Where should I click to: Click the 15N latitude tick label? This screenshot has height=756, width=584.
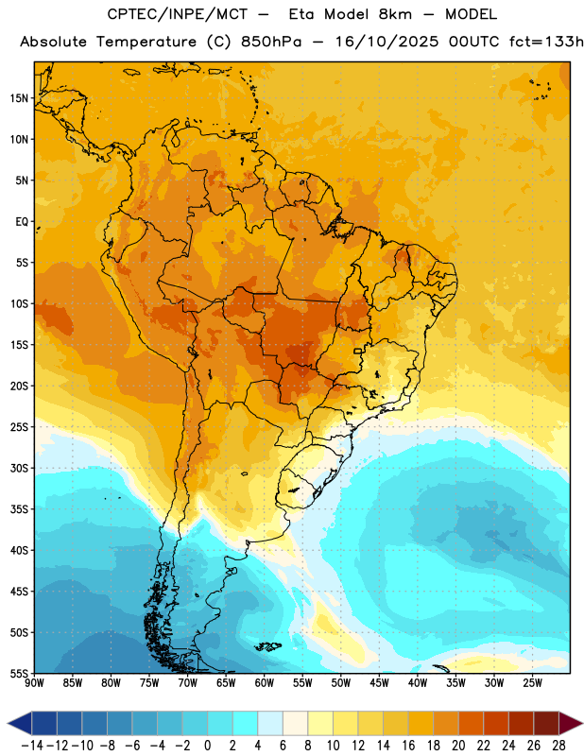coord(19,98)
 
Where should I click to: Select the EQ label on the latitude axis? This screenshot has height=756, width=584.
coord(22,222)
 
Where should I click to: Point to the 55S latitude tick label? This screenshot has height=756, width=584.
coord(19,674)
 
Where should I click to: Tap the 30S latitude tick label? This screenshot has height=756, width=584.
coord(19,468)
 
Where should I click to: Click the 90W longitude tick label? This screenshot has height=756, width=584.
coord(34,682)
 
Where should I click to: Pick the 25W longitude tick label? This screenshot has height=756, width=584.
coord(532,682)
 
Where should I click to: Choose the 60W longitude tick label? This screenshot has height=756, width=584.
coord(265,682)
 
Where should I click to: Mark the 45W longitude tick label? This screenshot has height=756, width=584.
coord(379,682)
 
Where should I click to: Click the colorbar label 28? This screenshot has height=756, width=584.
coord(558,746)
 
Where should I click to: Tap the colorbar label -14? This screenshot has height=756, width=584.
coord(32,746)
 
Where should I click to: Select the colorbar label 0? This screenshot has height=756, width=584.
coord(207,746)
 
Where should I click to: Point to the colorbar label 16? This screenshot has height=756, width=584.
coord(408,746)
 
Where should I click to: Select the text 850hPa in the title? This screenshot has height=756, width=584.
coord(271,42)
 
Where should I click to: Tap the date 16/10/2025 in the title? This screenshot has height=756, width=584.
coord(387,42)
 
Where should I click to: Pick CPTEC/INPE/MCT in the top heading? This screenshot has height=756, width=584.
coord(177,14)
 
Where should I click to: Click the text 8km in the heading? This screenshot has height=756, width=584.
coord(395,14)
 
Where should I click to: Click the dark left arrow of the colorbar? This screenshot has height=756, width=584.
coord(20,724)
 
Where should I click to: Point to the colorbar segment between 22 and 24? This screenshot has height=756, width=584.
coord(496,724)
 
